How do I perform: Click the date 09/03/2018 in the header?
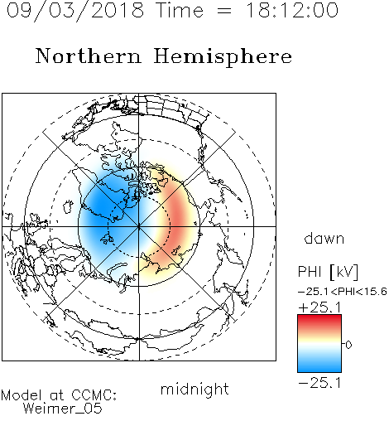[x=75, y=11]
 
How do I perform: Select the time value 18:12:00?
[x=291, y=10]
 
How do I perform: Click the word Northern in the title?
[x=89, y=56]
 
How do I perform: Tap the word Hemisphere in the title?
[x=223, y=57]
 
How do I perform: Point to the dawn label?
[x=324, y=238]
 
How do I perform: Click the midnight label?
[x=194, y=390]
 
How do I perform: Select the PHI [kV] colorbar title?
[x=328, y=272]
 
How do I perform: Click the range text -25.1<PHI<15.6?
[x=343, y=292]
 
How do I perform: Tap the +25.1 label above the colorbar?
[x=319, y=307]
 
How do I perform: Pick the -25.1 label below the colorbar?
[x=319, y=383]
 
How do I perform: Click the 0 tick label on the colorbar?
[x=348, y=345]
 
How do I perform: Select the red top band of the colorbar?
[x=319, y=321]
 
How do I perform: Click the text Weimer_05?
[x=62, y=409]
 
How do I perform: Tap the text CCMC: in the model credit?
[x=94, y=395]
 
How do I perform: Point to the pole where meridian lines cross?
[x=139, y=226]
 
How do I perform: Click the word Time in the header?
[x=180, y=10]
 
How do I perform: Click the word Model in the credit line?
[x=22, y=395]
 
